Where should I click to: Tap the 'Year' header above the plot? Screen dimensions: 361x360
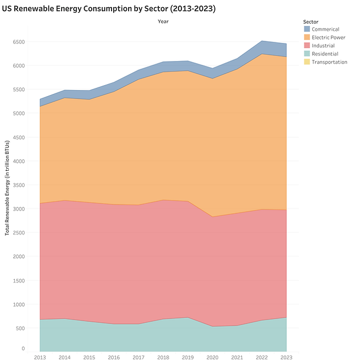point(163,21)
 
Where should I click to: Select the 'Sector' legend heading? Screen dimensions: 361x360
point(311,21)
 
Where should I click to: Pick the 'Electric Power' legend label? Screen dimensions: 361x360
point(328,37)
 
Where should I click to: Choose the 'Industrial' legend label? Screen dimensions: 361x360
point(324,46)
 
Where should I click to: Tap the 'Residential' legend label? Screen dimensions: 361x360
point(325,54)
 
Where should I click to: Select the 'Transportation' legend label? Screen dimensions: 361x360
point(329,62)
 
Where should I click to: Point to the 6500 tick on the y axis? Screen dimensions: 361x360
point(19,42)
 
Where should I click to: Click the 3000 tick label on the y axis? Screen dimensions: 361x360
point(19,209)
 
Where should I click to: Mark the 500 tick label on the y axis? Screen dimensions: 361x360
point(21,328)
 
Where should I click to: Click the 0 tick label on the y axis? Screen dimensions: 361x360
point(23,348)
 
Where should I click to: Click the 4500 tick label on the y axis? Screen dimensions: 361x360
point(19,137)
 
